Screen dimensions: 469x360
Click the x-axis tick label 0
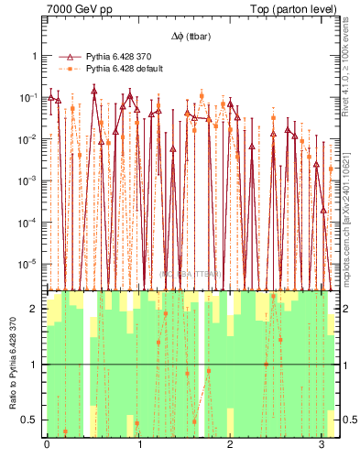[47, 444]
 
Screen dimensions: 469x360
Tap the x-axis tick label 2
[230, 444]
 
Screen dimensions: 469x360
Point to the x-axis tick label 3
[322, 444]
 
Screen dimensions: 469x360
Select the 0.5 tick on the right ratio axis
[346, 420]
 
